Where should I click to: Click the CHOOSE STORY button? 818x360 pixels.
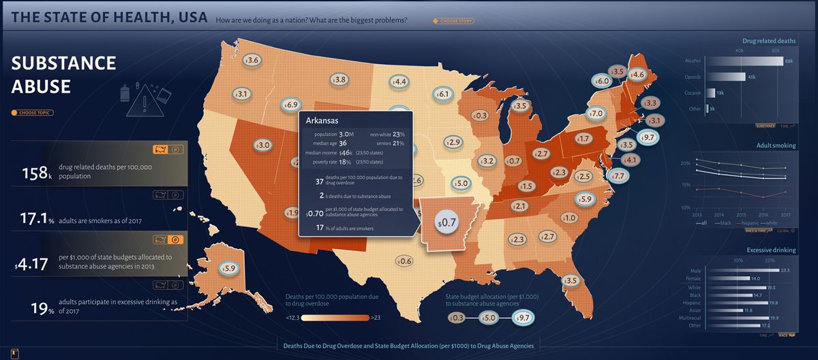pyautogui.click(x=453, y=21)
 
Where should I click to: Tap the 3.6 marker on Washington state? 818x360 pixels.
pyautogui.click(x=252, y=61)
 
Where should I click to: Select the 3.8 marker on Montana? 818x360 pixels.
pyautogui.click(x=339, y=80)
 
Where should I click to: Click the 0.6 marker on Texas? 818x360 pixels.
pyautogui.click(x=404, y=261)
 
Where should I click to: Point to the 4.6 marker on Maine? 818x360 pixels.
pyautogui.click(x=637, y=74)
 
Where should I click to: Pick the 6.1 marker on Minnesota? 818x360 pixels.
pyautogui.click(x=442, y=94)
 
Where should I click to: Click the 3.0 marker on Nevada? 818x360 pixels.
pyautogui.click(x=262, y=145)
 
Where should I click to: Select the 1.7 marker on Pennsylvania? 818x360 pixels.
pyautogui.click(x=582, y=138)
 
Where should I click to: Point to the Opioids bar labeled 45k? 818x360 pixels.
pyautogui.click(x=726, y=77)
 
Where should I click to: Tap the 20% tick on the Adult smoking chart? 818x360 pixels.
pyautogui.click(x=685, y=164)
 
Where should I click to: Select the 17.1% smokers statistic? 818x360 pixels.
pyautogui.click(x=37, y=220)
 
